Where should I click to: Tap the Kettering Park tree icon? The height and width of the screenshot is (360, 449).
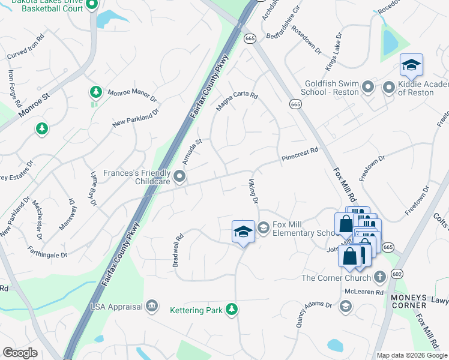click(x=231, y=310)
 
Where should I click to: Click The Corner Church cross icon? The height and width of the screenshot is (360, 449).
click(x=379, y=277)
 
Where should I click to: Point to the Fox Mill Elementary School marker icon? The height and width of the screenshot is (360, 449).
click(x=263, y=228)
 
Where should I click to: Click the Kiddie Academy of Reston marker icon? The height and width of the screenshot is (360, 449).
click(x=389, y=88)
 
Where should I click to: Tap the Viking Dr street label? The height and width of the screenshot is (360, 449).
click(x=253, y=191)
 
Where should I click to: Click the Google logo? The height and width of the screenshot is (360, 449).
click(x=20, y=353)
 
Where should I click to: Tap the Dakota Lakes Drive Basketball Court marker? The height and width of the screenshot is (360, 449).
click(x=92, y=6)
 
